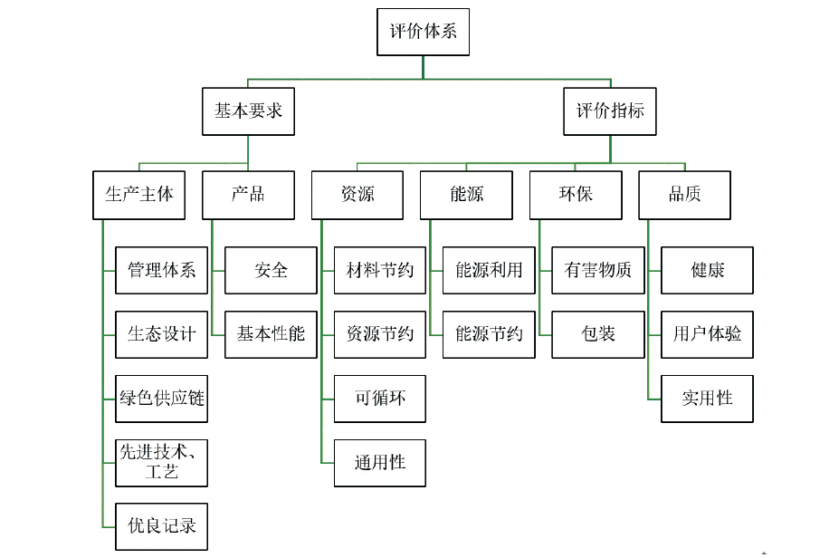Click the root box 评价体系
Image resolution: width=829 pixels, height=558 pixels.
click(x=423, y=32)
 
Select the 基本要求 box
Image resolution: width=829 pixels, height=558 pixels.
click(x=248, y=111)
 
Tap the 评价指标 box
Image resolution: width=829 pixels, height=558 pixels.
click(x=610, y=111)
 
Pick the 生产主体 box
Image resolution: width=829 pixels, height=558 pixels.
click(x=139, y=195)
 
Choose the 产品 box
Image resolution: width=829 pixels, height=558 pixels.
click(x=248, y=195)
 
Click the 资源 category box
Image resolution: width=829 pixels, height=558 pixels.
click(x=357, y=195)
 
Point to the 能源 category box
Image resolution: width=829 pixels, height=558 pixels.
click(x=466, y=195)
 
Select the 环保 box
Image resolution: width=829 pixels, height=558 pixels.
click(x=576, y=195)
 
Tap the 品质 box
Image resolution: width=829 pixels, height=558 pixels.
click(x=684, y=195)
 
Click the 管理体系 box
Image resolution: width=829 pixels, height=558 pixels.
click(x=162, y=270)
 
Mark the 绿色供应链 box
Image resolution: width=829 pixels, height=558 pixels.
click(x=162, y=398)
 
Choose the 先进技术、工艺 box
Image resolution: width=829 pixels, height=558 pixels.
click(x=162, y=462)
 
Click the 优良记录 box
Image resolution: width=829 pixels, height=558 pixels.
click(x=162, y=526)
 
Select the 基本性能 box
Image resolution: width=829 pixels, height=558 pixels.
click(x=271, y=334)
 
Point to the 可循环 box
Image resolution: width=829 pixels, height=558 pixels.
click(x=380, y=398)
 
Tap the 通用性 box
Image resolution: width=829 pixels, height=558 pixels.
click(x=380, y=462)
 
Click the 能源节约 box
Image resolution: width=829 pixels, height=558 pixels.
click(x=489, y=334)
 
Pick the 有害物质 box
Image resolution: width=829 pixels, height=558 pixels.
click(x=598, y=270)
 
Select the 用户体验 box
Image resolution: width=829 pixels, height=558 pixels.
click(x=707, y=334)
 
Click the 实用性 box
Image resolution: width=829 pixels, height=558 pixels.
click(x=707, y=398)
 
